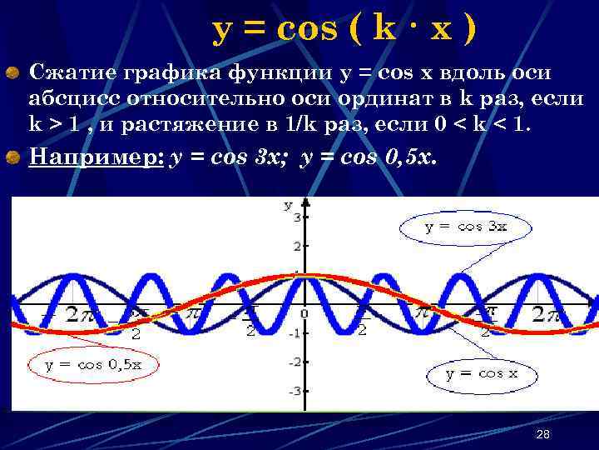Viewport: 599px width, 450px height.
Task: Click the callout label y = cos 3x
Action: tap(465, 226)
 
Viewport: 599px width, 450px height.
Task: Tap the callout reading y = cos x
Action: tap(482, 373)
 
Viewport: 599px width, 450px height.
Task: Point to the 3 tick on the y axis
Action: tap(297, 217)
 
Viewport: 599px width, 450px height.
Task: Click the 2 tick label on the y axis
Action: tap(297, 247)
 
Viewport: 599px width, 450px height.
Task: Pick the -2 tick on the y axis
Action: tap(294, 362)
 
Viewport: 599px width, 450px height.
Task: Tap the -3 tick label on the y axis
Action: tap(294, 391)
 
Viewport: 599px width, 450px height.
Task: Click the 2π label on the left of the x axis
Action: tap(84, 315)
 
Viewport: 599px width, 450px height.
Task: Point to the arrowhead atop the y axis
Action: tap(307, 202)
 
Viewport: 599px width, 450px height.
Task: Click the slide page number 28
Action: tap(543, 434)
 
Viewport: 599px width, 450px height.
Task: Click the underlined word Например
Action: tap(95, 157)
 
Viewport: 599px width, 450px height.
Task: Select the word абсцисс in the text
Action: tap(74, 98)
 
